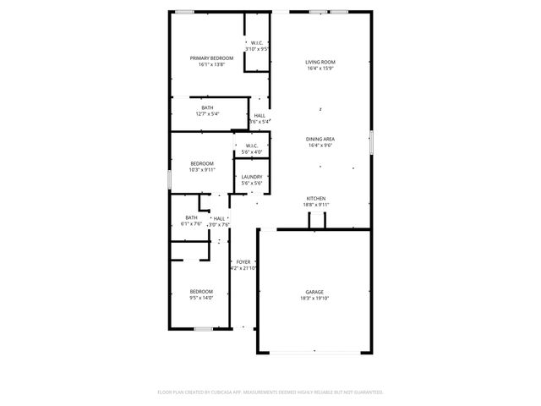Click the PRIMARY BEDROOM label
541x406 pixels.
(211, 58)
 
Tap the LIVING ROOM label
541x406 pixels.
(320, 62)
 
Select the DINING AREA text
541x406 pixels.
(320, 139)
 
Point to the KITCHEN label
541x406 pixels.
(316, 198)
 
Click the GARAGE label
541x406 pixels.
(314, 292)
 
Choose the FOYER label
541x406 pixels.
(243, 262)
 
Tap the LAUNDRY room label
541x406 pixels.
(251, 177)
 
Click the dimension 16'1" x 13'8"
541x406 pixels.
(211, 64)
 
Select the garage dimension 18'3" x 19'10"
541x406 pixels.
(314, 298)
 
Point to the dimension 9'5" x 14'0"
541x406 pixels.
(201, 297)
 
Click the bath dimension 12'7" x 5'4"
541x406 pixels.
(207, 114)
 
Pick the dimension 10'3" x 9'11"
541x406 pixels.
(202, 170)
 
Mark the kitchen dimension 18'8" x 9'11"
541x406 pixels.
(316, 205)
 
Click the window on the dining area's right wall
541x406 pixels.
(370, 141)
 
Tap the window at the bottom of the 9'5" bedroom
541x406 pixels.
(202, 328)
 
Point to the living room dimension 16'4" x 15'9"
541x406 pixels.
(320, 69)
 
